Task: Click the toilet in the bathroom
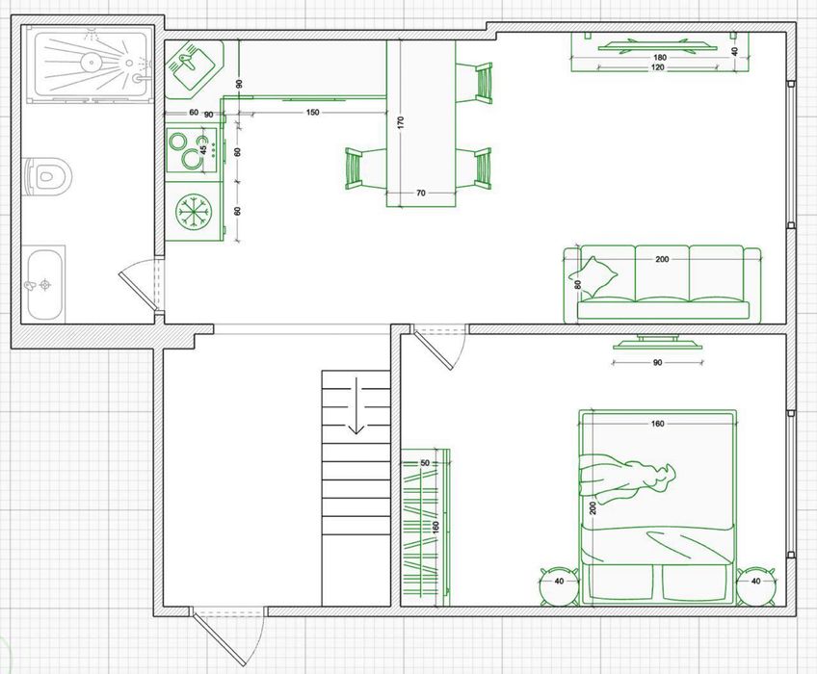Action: tap(47, 174)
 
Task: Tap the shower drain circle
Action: tap(91, 62)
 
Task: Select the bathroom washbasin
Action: tap(45, 284)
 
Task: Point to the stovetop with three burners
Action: tap(191, 151)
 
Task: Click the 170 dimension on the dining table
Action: tap(401, 122)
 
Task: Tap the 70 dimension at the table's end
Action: tap(421, 193)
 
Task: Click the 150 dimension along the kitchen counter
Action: tap(312, 113)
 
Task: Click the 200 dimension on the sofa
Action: tap(662, 259)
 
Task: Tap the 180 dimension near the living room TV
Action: tap(660, 58)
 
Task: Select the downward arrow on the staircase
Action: tap(356, 405)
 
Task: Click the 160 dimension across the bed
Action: tap(658, 424)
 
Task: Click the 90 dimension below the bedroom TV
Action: tap(658, 362)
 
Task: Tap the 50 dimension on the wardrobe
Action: tap(425, 463)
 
